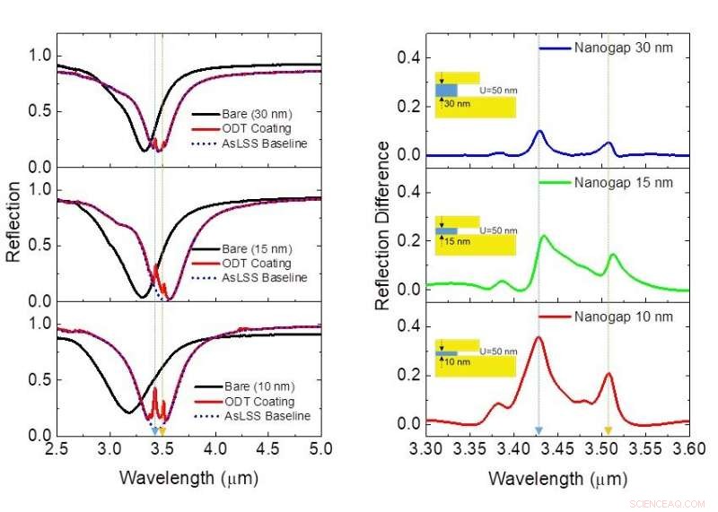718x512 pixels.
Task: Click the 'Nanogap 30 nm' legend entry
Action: [x=623, y=48]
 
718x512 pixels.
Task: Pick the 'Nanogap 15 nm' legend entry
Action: [x=623, y=183]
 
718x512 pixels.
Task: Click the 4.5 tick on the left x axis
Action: [x=267, y=447]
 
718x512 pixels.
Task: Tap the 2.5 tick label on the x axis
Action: [x=57, y=447]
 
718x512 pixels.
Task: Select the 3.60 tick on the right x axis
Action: [x=687, y=447]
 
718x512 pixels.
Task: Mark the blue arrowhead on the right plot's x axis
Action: [x=538, y=432]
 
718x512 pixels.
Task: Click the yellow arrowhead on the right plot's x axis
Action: [x=608, y=432]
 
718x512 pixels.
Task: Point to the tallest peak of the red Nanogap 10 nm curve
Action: [x=538, y=337]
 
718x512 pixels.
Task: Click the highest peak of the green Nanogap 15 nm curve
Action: [x=543, y=236]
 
